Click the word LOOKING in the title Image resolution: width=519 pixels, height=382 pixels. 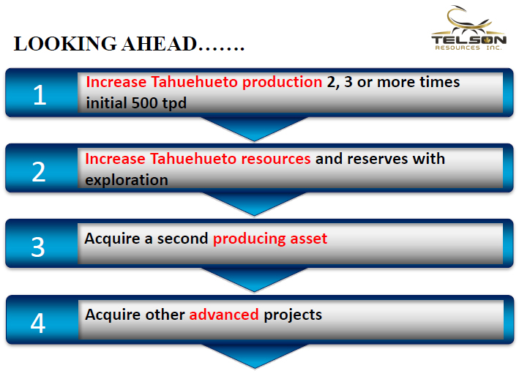[65, 44]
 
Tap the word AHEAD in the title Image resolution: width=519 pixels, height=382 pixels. [159, 44]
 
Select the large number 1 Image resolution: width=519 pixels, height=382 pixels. [40, 95]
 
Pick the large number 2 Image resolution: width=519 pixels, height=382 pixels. [39, 172]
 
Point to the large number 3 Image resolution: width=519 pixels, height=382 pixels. [38, 247]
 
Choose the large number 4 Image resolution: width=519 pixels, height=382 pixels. [38, 323]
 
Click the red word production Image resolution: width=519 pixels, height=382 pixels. [283, 83]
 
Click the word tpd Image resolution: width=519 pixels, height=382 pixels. [174, 104]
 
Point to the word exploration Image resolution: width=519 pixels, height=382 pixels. [127, 181]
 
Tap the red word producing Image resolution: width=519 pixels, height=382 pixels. [249, 239]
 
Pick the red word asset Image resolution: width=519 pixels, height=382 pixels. [309, 239]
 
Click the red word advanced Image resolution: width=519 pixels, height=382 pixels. [224, 315]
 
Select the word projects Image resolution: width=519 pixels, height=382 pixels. [293, 315]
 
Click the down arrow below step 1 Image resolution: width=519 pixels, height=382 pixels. [254, 129]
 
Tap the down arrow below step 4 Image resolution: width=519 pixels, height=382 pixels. [255, 356]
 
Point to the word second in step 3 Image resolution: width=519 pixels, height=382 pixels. [182, 239]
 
